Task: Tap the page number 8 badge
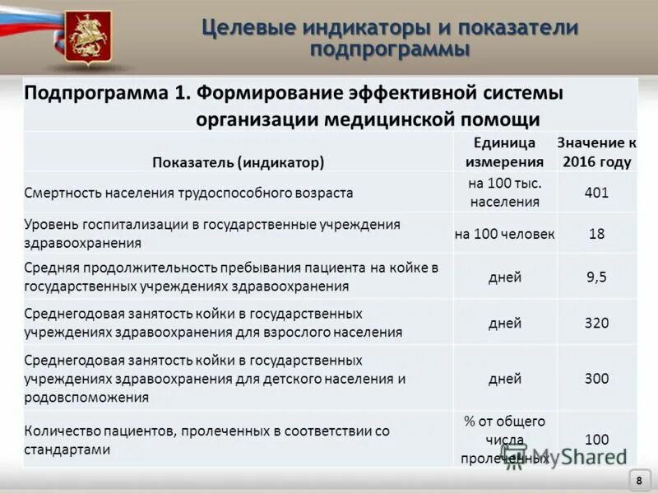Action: (x=638, y=480)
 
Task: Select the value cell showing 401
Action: (x=596, y=193)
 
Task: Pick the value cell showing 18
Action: (x=596, y=234)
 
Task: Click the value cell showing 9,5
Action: (x=596, y=277)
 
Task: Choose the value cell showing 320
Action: (x=596, y=323)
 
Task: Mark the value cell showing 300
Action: (x=596, y=379)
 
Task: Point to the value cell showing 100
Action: (x=596, y=440)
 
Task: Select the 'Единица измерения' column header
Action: (x=505, y=151)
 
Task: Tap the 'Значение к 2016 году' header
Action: (x=596, y=151)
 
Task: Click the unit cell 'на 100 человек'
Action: (x=504, y=234)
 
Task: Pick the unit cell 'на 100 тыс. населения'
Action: (x=505, y=193)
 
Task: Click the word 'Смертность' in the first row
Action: (x=63, y=193)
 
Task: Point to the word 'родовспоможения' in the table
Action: (x=86, y=397)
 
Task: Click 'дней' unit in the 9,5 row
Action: (x=504, y=277)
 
